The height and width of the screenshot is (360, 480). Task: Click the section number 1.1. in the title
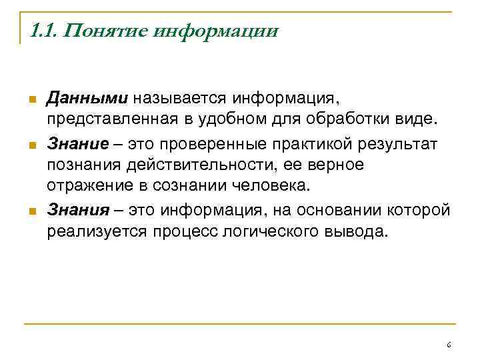(45, 31)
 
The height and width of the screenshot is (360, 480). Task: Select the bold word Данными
(87, 99)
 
